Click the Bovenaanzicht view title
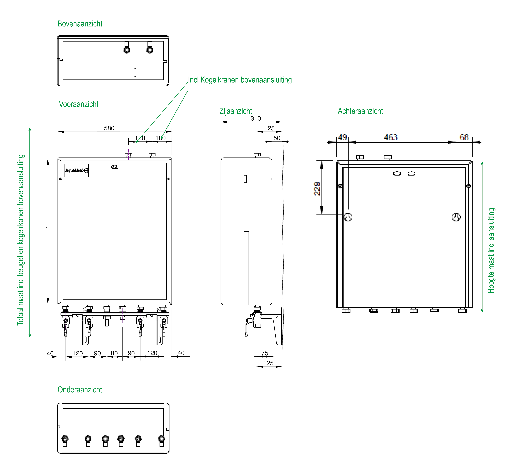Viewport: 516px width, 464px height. pos(80,24)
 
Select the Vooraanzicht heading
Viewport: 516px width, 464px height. pos(79,104)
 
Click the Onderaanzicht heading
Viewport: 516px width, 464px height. pos(80,390)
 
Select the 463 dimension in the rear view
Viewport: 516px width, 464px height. pos(390,137)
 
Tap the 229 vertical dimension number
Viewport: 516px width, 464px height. pos(317,189)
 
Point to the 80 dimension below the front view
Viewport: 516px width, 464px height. pos(114,353)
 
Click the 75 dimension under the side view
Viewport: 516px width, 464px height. pos(265,353)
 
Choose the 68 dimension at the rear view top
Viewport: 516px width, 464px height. pos(464,137)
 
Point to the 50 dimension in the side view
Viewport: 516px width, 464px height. pos(277,138)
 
